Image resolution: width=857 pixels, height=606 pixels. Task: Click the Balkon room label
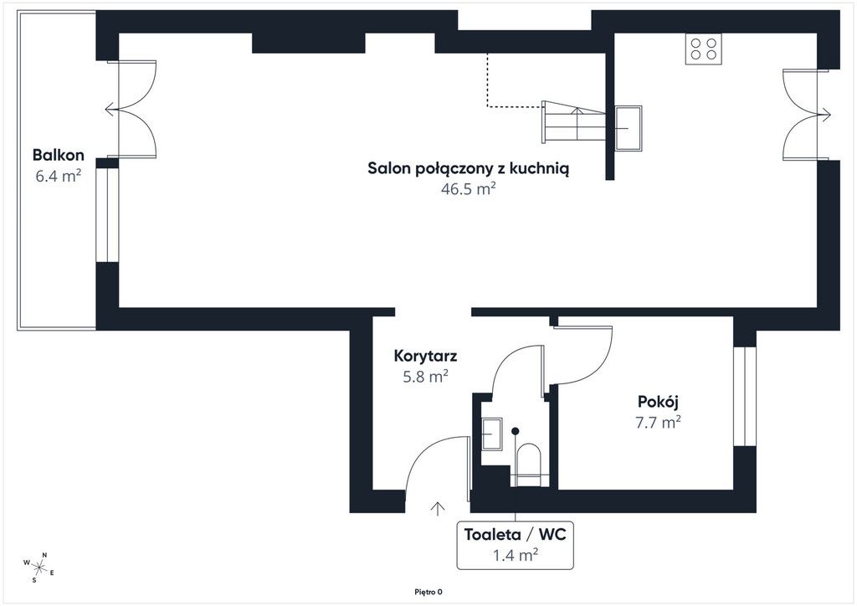59,155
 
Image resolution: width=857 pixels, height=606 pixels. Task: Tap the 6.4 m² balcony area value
59,176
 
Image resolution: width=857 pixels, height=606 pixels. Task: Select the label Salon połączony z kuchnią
469,169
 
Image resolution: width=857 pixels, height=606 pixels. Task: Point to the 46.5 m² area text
469,189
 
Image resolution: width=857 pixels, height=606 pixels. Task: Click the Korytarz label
425,357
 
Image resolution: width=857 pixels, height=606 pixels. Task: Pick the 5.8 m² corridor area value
426,377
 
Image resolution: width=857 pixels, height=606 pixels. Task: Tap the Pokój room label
658,402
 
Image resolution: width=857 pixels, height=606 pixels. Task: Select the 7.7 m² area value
658,423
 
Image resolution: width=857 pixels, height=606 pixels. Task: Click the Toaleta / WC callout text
515,534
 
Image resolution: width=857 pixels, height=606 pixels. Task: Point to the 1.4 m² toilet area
516,556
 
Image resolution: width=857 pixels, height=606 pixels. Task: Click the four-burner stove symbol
703,49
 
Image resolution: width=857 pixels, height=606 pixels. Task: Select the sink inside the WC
492,434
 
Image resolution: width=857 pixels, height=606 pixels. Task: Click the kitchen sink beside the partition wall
628,128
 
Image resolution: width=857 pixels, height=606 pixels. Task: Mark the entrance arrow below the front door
437,508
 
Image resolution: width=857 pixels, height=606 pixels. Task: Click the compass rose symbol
38,567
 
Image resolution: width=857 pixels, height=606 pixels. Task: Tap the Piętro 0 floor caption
428,592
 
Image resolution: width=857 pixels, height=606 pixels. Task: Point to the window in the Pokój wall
744,396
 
